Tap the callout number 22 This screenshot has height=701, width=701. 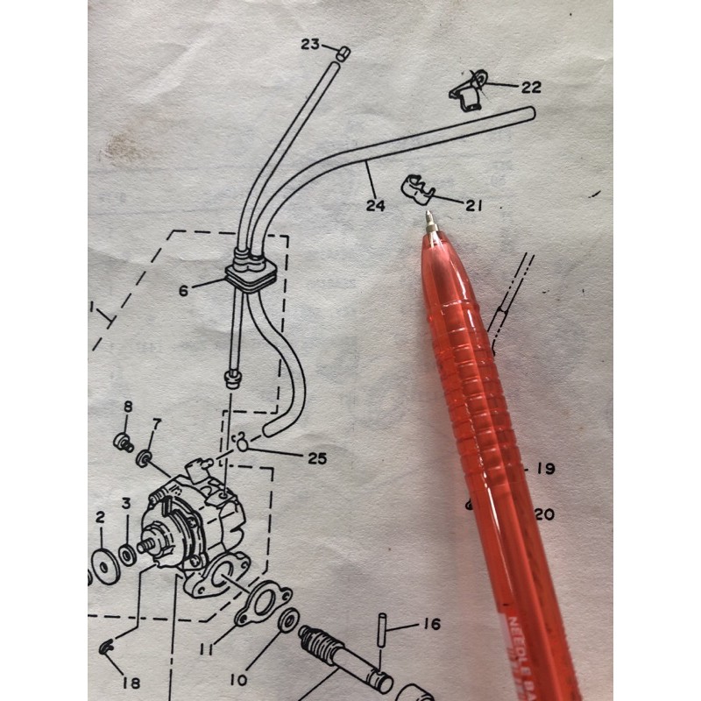click(x=531, y=88)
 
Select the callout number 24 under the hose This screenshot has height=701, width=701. click(x=376, y=206)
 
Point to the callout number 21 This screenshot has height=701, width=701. click(x=474, y=206)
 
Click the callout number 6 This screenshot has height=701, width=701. click(x=183, y=290)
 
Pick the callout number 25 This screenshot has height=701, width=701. click(x=317, y=457)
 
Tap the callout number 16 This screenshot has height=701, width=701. click(x=431, y=625)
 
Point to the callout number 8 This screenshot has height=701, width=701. click(x=127, y=407)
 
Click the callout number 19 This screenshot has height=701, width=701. click(x=545, y=469)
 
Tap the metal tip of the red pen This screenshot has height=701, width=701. click(x=430, y=223)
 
